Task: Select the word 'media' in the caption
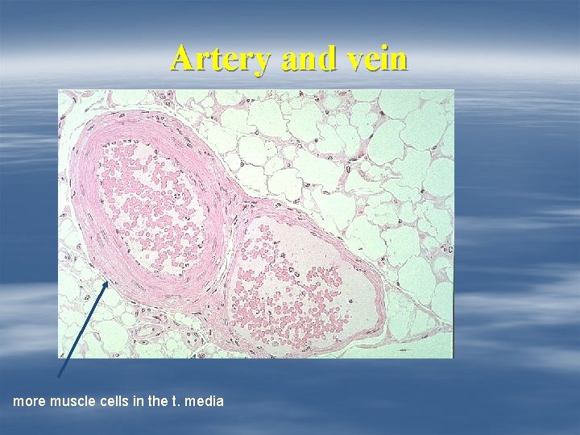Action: click(x=204, y=400)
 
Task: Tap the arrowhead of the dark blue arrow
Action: click(x=106, y=282)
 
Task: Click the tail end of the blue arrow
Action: click(x=60, y=375)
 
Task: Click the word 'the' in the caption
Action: click(x=158, y=400)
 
